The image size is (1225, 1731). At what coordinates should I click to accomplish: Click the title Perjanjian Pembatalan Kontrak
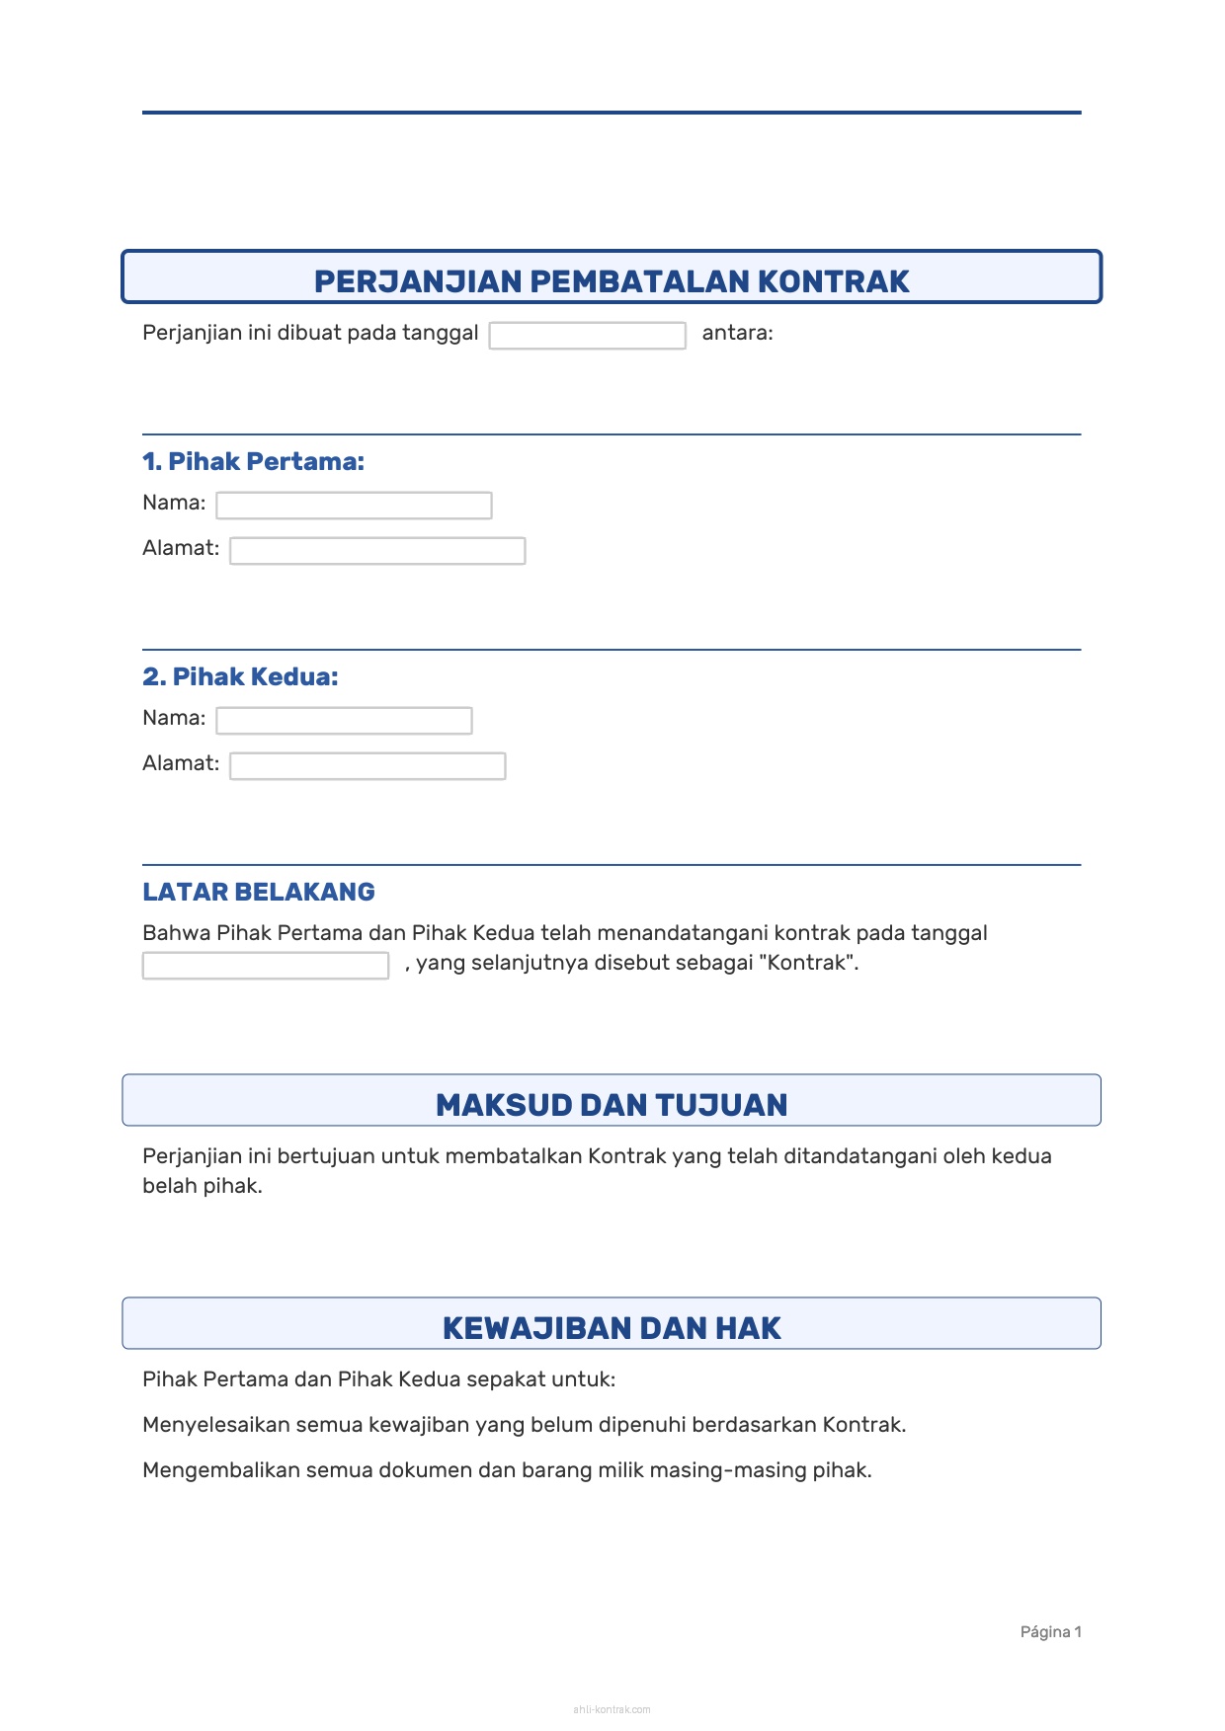coord(612,281)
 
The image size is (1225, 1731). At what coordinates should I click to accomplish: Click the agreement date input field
coord(587,336)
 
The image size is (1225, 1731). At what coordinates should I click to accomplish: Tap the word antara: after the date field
coord(737,333)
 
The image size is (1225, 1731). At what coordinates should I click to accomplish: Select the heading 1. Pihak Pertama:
coord(253,461)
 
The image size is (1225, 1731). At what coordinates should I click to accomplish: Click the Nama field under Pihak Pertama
coord(354,506)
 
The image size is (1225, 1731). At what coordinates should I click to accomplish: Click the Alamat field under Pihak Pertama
coord(377,551)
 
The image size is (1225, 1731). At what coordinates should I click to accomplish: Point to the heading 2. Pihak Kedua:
coord(240,676)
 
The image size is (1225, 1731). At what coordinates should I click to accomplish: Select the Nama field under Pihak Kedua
coord(344,721)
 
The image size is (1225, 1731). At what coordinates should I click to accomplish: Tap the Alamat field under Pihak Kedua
coord(367,766)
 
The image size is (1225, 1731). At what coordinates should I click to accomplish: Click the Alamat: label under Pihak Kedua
coord(181,763)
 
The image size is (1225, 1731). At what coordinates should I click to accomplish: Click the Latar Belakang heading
coord(259,892)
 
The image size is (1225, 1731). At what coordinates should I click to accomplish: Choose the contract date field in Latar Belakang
coord(265,966)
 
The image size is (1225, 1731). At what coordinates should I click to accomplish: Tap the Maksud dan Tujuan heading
coord(612,1105)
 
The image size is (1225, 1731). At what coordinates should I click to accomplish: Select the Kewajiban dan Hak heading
coord(612,1328)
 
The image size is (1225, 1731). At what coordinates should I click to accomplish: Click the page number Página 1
coord(1050,1632)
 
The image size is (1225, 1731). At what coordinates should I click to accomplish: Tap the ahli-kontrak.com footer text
coord(612,1709)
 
